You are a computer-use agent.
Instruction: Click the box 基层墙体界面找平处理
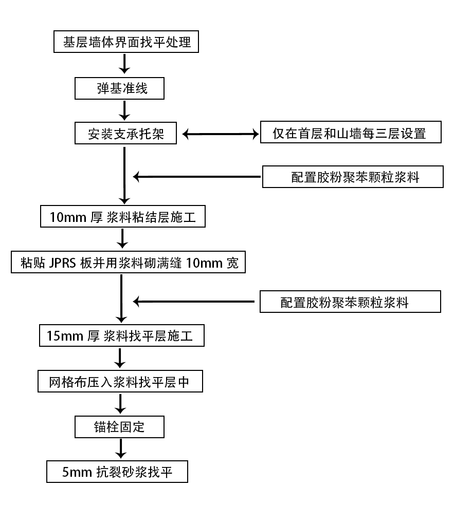click(126, 42)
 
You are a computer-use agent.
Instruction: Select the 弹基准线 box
click(119, 88)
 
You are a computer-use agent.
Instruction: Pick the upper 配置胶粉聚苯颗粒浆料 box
click(353, 177)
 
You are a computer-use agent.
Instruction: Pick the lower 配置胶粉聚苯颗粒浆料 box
click(350, 302)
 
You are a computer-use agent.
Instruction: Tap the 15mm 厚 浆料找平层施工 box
click(122, 336)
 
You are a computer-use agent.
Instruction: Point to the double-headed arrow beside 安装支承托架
click(220, 135)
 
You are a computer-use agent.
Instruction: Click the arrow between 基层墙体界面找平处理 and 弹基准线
click(124, 64)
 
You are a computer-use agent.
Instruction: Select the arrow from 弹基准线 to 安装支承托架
click(124, 110)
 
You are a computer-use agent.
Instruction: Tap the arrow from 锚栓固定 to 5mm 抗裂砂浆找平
click(120, 449)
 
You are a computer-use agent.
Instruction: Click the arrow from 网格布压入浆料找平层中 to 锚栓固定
click(120, 404)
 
